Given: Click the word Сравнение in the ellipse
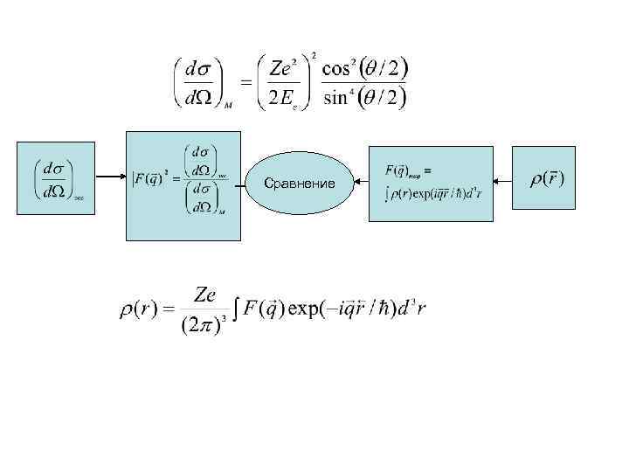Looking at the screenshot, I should coord(301,184).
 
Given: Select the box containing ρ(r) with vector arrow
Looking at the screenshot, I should coord(543,178).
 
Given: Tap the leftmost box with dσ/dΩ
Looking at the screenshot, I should coord(56,180).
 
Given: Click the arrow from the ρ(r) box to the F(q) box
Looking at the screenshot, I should coord(501,181).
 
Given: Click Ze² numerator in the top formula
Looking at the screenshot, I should coord(284,68).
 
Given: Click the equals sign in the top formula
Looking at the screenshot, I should coord(245,82).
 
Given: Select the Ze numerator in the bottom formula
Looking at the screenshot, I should coord(206,295).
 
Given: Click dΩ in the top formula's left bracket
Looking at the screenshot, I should coord(197,97).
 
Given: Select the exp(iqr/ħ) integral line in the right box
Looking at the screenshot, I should coord(432,192).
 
